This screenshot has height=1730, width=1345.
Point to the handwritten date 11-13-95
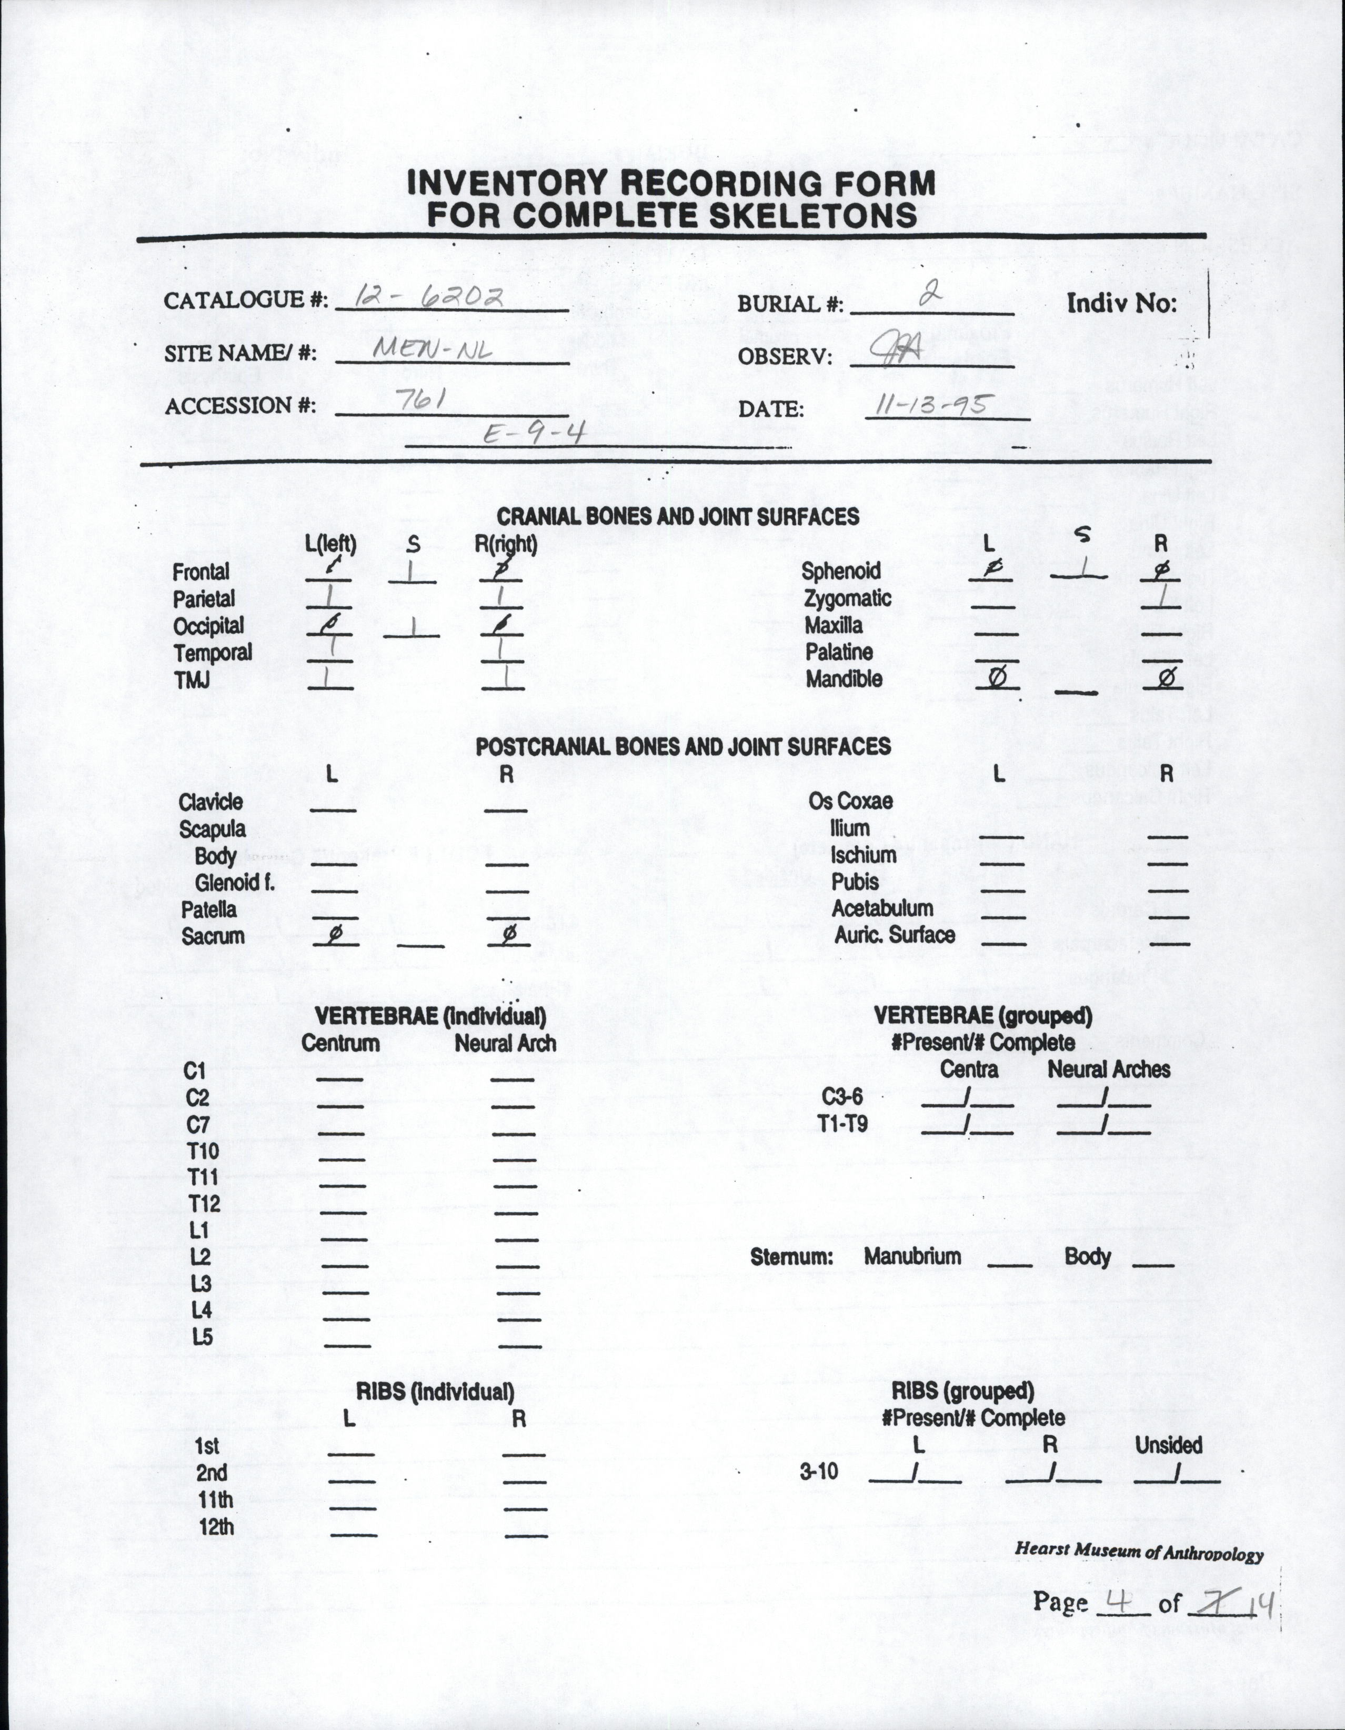pyautogui.click(x=930, y=406)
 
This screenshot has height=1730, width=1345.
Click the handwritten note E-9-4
pyautogui.click(x=533, y=434)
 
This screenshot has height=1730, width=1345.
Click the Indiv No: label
pyautogui.click(x=1122, y=303)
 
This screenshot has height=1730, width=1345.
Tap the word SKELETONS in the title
pyautogui.click(x=812, y=215)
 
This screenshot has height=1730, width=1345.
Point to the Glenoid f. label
pyautogui.click(x=235, y=883)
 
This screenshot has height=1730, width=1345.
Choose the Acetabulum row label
pyautogui.click(x=881, y=908)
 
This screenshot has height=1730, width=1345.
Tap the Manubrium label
pyautogui.click(x=912, y=1256)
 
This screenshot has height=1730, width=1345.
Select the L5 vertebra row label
pyautogui.click(x=202, y=1337)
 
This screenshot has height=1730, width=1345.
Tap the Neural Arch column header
pyautogui.click(x=505, y=1044)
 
